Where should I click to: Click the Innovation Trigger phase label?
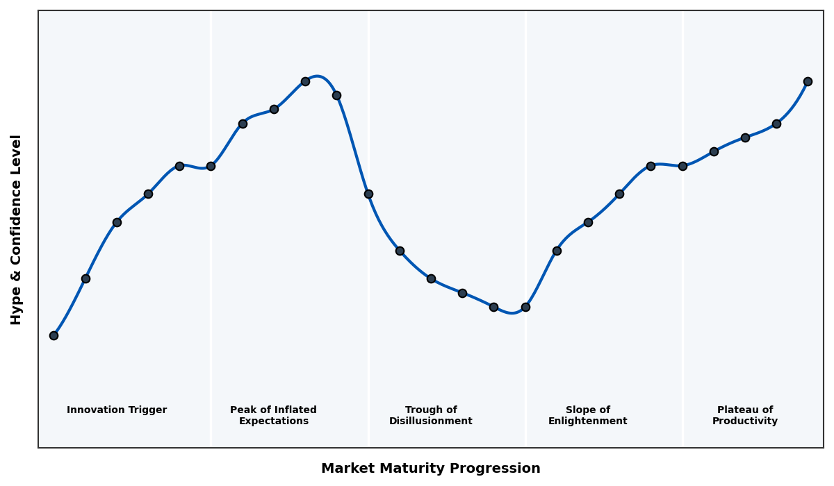point(117,410)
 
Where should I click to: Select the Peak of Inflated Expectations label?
point(273,415)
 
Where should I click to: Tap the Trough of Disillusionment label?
point(430,415)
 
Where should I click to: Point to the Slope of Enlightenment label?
point(587,415)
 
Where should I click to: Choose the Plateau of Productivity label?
point(744,415)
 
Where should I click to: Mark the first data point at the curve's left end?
point(54,335)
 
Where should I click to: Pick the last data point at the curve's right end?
point(808,81)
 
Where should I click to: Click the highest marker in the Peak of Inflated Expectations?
point(305,81)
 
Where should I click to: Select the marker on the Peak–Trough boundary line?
point(368,194)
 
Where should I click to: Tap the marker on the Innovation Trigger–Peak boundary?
point(211,166)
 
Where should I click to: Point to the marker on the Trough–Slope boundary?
point(525,307)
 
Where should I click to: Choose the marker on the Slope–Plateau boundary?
point(682,166)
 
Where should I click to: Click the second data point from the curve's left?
point(85,278)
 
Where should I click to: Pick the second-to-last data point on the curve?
point(776,124)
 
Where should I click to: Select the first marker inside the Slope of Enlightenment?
point(557,251)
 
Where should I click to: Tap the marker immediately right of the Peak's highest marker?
point(336,95)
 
